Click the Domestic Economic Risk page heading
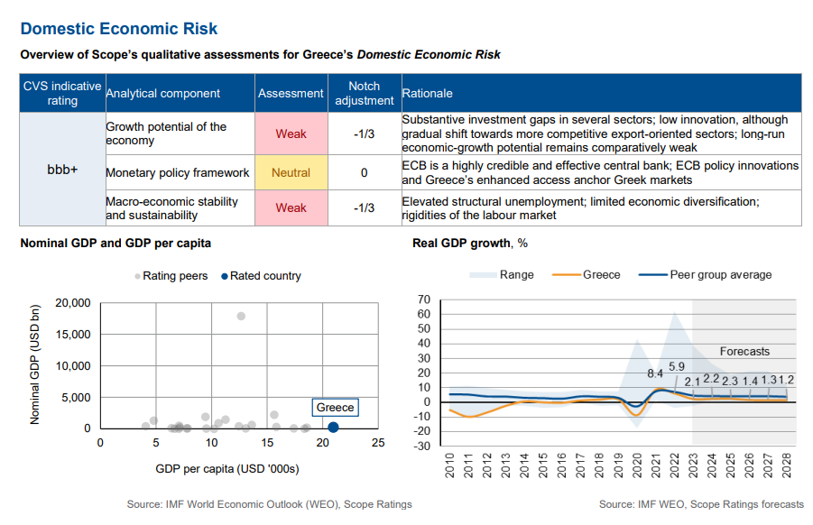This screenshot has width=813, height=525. tap(119, 31)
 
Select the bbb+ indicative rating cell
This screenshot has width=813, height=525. tap(62, 169)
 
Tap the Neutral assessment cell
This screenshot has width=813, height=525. tap(291, 172)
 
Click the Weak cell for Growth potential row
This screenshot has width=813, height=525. tap(291, 134)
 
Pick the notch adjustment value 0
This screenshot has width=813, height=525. tap(364, 172)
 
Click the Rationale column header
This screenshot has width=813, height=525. tap(428, 93)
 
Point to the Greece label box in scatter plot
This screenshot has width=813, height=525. tap(335, 408)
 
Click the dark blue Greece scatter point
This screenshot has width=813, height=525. tap(334, 428)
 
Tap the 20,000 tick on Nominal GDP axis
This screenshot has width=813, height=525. tap(73, 303)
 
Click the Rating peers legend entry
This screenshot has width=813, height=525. tap(171, 276)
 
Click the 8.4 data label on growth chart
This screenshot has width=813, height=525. tap(655, 373)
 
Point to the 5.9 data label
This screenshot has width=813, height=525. tap(677, 366)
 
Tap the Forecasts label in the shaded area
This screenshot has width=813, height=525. tap(744, 351)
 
